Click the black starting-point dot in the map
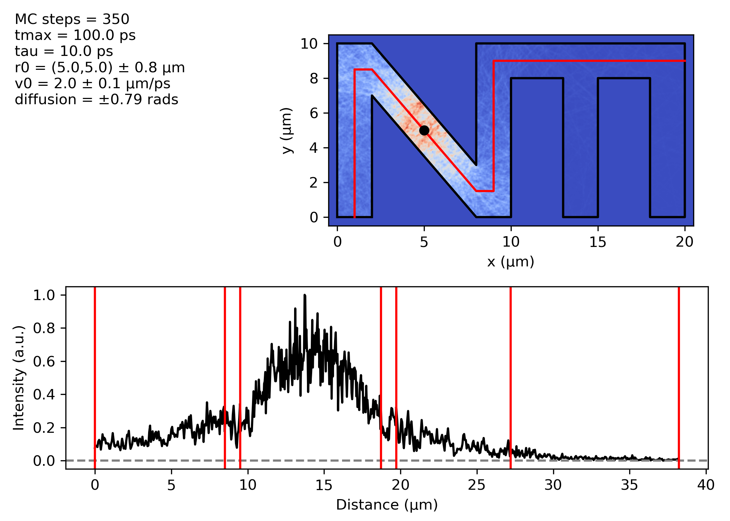click(x=424, y=131)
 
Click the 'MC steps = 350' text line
click(x=72, y=19)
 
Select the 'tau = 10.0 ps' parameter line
click(x=64, y=51)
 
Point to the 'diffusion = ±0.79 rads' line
click(x=96, y=100)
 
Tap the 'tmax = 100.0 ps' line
click(x=75, y=35)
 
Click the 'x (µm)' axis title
click(x=511, y=262)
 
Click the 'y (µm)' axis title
click(x=287, y=131)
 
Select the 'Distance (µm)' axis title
click(x=387, y=505)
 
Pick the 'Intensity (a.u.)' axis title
click(x=19, y=378)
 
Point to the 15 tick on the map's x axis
click(x=598, y=242)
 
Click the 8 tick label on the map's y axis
click(x=314, y=78)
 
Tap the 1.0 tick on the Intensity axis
click(x=44, y=295)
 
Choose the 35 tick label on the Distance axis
click(x=630, y=485)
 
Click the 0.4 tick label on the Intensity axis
click(x=44, y=395)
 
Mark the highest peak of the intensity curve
click(x=305, y=296)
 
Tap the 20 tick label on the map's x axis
click(x=684, y=242)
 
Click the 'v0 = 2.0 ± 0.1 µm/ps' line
click(x=92, y=84)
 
